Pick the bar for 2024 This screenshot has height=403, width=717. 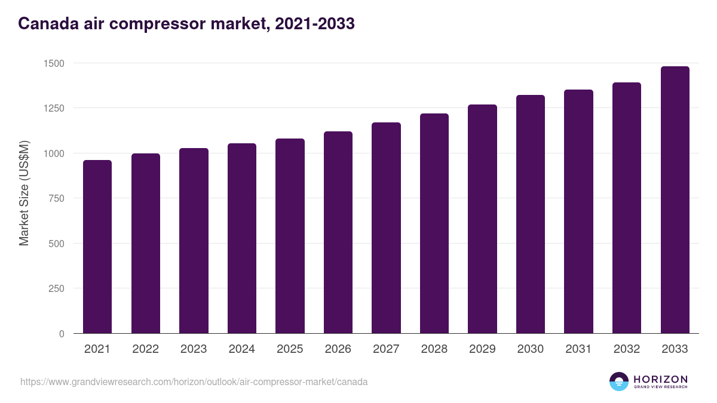click(242, 238)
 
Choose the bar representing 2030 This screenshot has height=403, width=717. click(531, 214)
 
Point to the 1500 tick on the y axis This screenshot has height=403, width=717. click(53, 63)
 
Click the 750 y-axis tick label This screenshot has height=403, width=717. click(56, 198)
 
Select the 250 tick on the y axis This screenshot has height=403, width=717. click(56, 288)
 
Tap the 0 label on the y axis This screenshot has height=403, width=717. click(62, 334)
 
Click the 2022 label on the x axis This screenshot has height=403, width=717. click(145, 349)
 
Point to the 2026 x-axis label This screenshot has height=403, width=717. click(338, 349)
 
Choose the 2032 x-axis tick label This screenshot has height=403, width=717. click(627, 349)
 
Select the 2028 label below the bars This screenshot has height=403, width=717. click(434, 349)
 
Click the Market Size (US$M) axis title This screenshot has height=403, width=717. click(24, 193)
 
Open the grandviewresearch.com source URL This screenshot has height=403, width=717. click(194, 382)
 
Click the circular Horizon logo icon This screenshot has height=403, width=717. click(619, 382)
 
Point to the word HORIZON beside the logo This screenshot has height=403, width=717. click(660, 379)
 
